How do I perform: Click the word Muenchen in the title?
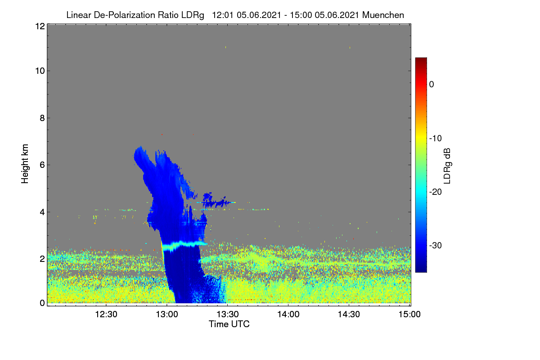pos(383,15)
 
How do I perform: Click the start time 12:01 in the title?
pos(223,15)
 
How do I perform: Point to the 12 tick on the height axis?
pos(40,26)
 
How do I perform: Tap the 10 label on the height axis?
pos(40,71)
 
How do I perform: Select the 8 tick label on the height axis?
pos(42,118)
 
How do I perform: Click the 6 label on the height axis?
pos(42,165)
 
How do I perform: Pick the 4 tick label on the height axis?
pos(42,212)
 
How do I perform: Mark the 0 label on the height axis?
pos(42,303)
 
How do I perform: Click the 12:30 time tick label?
pos(106,314)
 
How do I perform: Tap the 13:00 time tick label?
pos(167,314)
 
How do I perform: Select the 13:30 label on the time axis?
pos(228,314)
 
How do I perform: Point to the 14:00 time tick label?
pos(288,314)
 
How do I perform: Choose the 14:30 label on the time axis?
pos(349,314)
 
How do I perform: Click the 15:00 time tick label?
pos(409,314)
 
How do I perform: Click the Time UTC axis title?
pos(229,324)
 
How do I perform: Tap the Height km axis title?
pos(25,164)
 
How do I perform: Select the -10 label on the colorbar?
pos(436,138)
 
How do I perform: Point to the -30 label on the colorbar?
pos(436,245)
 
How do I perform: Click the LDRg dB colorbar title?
pos(447,166)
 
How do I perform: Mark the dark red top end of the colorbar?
pos(421,58)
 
